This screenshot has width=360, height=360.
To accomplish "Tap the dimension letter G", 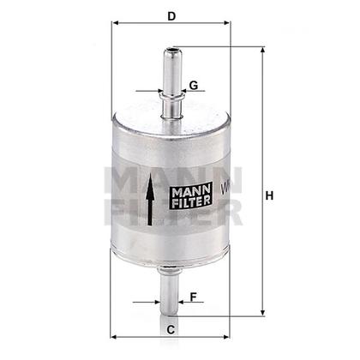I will click(195, 85).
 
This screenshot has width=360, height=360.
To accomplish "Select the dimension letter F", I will click(194, 297).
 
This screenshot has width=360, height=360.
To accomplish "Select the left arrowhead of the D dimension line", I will click(115, 26).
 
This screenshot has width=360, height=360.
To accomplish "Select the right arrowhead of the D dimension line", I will click(230, 26).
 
